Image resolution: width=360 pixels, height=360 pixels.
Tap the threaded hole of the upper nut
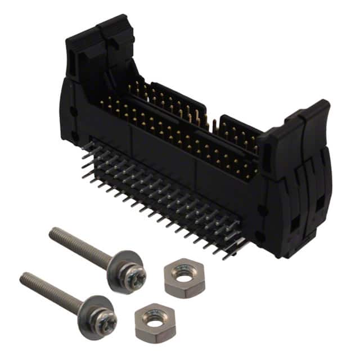point(184,272)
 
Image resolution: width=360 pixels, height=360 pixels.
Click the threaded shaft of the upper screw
point(84,246)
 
